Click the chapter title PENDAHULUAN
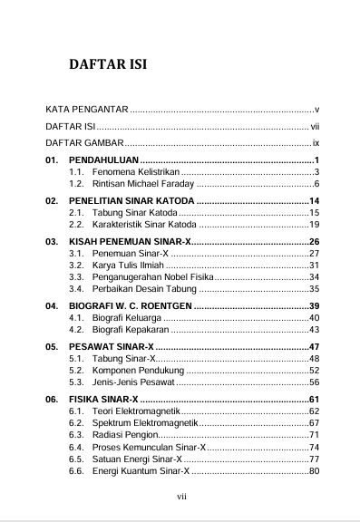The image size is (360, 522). pos(104,160)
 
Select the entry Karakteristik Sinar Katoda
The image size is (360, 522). pos(141,223)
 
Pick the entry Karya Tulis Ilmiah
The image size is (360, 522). pos(125,265)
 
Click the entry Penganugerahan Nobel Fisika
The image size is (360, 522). pos(149,276)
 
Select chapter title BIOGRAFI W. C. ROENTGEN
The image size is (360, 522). pos(130,306)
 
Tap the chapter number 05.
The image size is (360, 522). pos(53,348)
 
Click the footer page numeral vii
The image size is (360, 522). pos(180,497)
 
